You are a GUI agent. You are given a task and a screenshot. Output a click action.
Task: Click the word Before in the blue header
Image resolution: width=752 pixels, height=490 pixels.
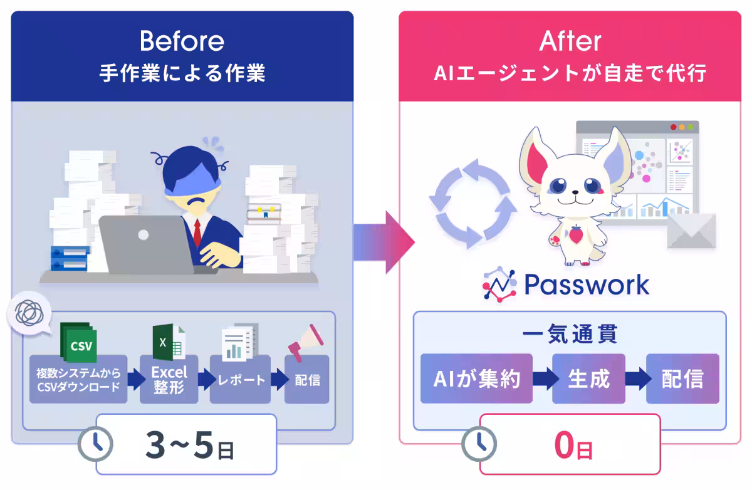(182, 41)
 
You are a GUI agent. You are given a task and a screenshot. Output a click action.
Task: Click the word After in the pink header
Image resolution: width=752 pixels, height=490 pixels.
(570, 41)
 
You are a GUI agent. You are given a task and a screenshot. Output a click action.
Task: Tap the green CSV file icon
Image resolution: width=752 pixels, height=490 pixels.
(78, 343)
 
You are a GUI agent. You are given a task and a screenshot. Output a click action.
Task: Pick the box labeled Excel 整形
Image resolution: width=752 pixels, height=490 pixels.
(169, 379)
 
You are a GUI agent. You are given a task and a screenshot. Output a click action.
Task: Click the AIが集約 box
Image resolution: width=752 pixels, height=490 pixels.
(476, 378)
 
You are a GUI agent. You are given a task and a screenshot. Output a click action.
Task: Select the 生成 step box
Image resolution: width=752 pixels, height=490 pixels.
(588, 378)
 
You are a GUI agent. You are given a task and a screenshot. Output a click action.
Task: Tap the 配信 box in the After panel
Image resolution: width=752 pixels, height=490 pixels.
(682, 378)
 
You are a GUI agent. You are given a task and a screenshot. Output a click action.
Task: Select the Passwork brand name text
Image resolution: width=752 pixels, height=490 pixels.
(586, 285)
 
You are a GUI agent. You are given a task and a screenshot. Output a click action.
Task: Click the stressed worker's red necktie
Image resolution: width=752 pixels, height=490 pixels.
(197, 232)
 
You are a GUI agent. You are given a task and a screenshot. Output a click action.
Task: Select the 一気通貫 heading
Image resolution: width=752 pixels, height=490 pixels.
(570, 334)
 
